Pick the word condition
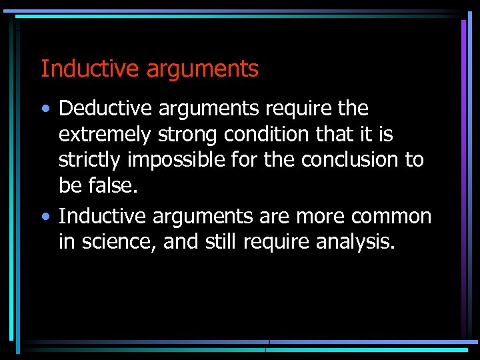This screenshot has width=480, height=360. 267,135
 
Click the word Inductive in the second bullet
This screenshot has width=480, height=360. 103,216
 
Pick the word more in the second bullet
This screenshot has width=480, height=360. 315,217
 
